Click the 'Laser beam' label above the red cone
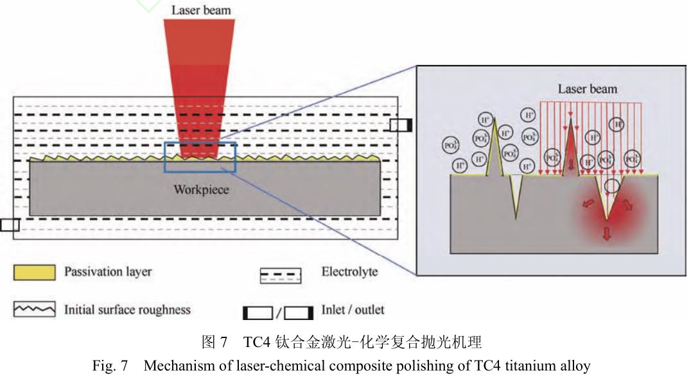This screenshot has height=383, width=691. point(201,10)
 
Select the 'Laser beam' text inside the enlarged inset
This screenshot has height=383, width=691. point(587,89)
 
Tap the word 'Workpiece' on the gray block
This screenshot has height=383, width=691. point(201,190)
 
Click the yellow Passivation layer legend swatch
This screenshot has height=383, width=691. point(34,272)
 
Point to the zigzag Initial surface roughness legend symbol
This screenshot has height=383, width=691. point(34,310)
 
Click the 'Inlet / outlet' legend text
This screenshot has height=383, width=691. point(353,310)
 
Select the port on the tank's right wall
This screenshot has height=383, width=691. point(401,125)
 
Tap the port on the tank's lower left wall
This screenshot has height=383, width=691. point(10,224)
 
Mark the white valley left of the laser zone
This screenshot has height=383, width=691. point(516,196)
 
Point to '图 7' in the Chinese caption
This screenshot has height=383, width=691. point(214,342)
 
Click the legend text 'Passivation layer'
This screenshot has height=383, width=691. point(108,272)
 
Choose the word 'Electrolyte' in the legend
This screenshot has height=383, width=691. point(349,272)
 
